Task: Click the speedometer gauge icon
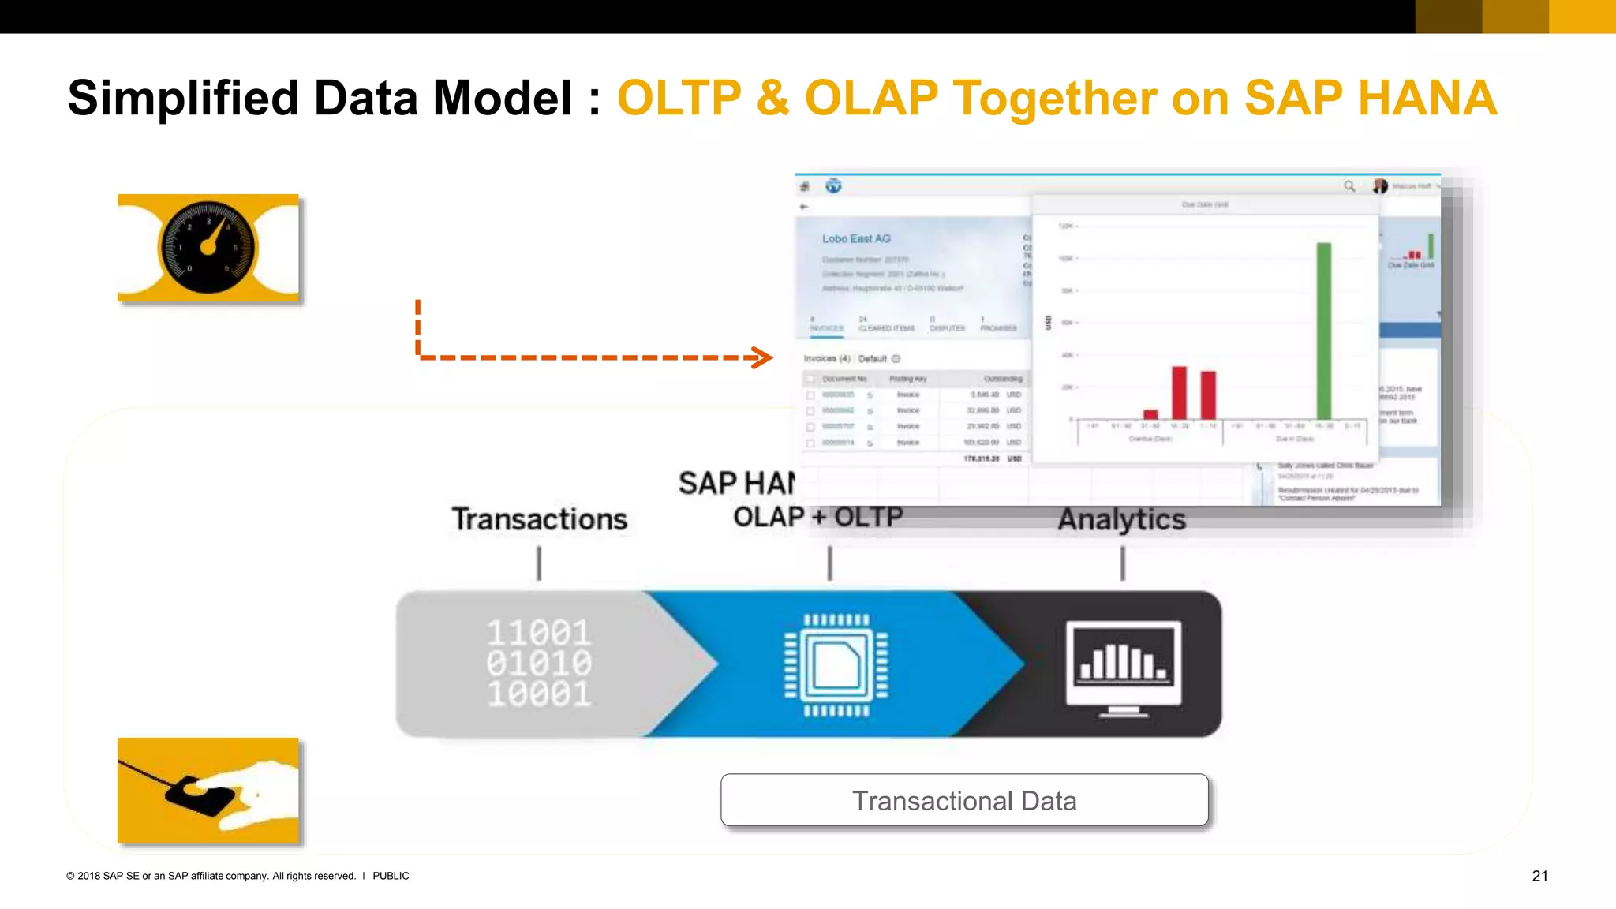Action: coord(208,247)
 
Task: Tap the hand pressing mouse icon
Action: coord(208,791)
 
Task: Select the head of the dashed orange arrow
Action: coord(762,357)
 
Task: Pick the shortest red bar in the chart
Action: coord(1150,414)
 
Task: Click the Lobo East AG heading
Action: coord(855,238)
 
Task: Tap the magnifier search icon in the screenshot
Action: coord(1349,186)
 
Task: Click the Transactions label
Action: coord(539,519)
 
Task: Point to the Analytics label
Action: coord(1121,519)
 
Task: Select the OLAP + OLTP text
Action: coord(817,517)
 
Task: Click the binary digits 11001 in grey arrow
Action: coord(539,633)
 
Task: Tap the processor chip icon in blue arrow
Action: coord(836,664)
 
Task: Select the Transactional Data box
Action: coord(963,800)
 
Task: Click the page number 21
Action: coord(1539,876)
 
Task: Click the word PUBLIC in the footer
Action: coord(391,876)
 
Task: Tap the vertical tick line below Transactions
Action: coord(539,563)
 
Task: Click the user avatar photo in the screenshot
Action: coord(1379,186)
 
